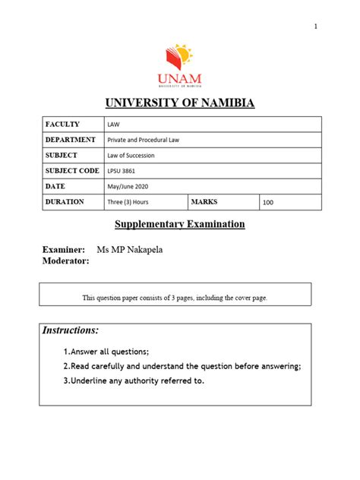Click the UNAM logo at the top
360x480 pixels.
[x=179, y=64]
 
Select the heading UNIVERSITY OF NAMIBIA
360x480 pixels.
[x=179, y=103]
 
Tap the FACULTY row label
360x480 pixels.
[x=62, y=124]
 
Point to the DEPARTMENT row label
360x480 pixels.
[x=71, y=140]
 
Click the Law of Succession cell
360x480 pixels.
[x=132, y=156]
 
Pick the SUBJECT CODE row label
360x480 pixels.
[x=73, y=171]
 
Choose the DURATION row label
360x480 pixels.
[x=65, y=202]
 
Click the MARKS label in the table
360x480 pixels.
[x=204, y=202]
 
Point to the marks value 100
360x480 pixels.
[x=269, y=203]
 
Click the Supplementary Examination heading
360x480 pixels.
[x=180, y=224]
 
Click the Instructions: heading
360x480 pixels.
[x=71, y=331]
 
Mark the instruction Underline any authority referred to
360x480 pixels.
[x=137, y=381]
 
